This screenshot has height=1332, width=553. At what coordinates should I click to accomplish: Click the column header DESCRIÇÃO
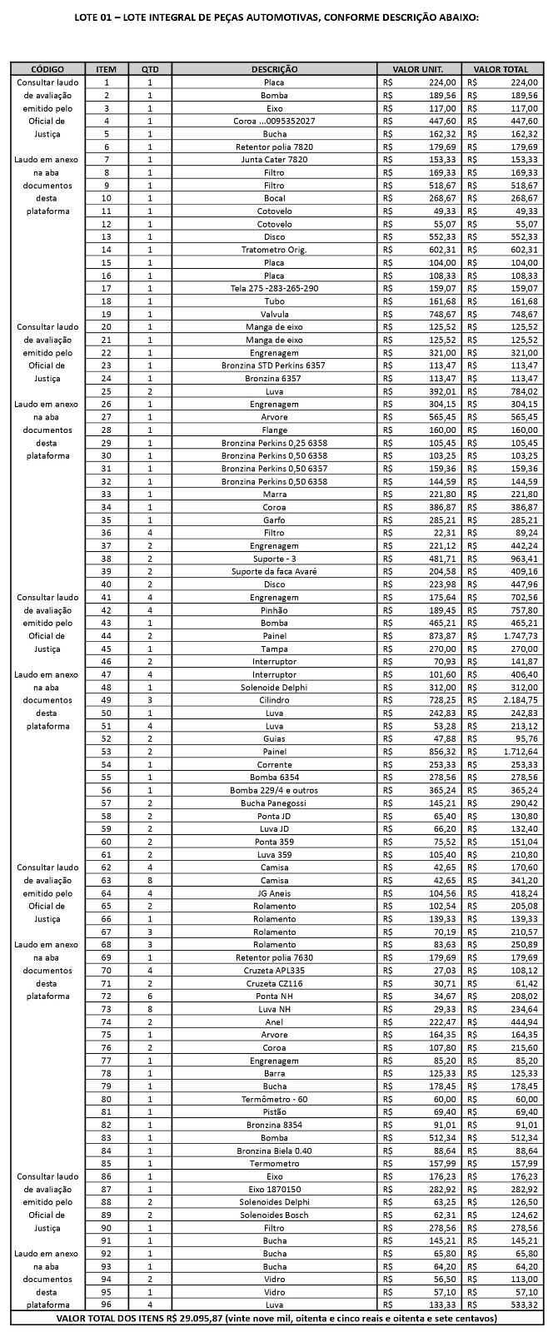274,69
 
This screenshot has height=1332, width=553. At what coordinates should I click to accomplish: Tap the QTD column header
150,69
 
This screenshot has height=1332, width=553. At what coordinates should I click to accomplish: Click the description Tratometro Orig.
274,250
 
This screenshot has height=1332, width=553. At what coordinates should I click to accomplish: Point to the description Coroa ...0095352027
274,121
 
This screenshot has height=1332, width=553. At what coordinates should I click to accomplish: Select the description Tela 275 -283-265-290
274,288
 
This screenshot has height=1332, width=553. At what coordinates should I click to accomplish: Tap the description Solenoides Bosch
274,1215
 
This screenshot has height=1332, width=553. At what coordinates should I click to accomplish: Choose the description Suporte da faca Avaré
274,571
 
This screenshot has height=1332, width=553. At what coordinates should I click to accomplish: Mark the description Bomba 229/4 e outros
274,790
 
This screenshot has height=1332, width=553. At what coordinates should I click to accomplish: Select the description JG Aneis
274,893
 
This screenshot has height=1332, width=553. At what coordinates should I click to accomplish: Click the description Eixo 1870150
274,1190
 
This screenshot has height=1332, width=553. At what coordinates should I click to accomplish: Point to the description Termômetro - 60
274,1100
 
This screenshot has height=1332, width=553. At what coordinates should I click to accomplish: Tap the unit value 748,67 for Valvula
441,314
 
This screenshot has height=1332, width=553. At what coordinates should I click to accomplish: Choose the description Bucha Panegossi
274,803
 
